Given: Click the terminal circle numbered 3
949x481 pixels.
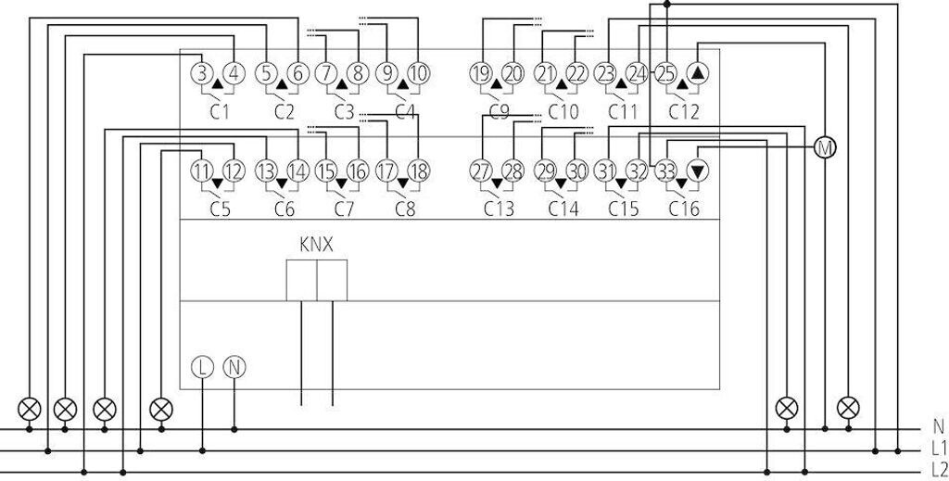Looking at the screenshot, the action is coord(201,72).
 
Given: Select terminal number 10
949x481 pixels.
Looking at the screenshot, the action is coord(419,72).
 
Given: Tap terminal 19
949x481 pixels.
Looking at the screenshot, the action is coord(480,72).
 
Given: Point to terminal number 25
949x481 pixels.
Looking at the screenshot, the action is coord(665,72).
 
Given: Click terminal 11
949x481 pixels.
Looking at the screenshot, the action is coord(201,171).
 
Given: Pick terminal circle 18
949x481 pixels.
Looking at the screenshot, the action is coord(419,171).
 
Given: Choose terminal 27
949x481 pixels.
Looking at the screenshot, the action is coord(480,171).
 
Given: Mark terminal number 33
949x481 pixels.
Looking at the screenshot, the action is coord(665,171).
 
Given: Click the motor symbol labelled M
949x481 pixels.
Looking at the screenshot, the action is coord(823,147).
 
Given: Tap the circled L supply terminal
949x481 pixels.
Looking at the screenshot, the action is coord(202,367).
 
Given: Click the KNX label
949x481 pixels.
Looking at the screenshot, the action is coord(316,246).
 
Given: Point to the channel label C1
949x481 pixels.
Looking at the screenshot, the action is coord(220,112).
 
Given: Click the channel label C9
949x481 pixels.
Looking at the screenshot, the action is coord(499,112).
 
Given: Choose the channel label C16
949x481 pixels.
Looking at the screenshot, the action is coord(684,210).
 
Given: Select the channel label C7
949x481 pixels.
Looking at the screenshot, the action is coord(344,210).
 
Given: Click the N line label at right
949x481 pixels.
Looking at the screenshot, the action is coord(938,428).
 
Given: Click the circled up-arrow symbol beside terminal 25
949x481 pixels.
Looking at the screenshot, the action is coord(698,72).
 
